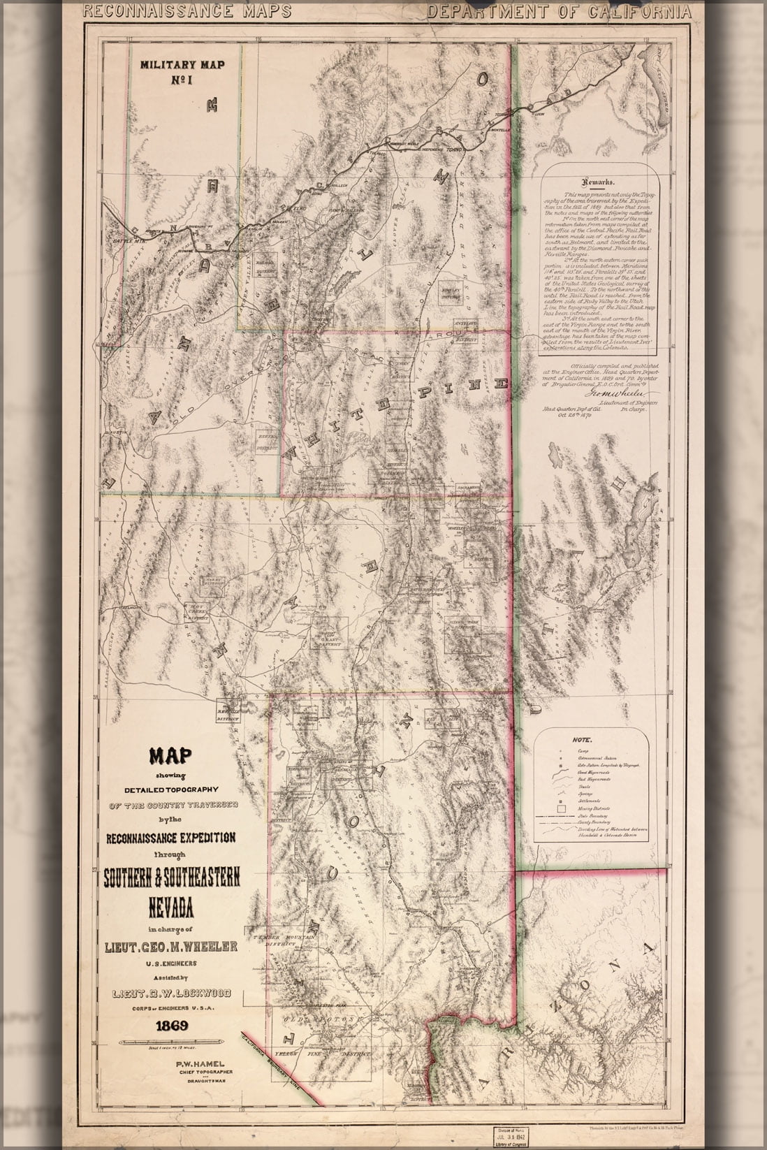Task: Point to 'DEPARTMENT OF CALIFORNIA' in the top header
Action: click(559, 11)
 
